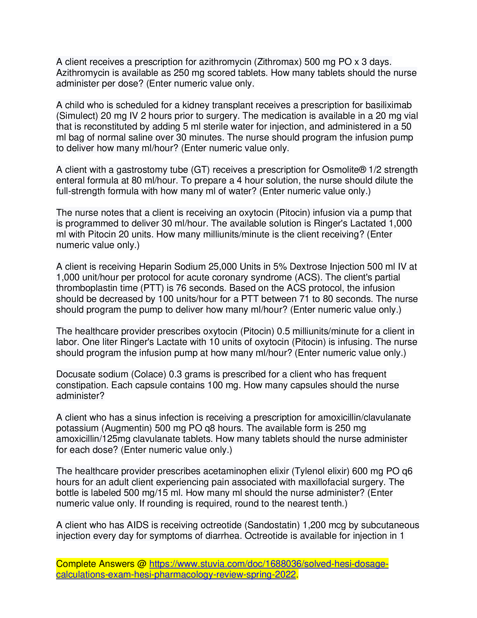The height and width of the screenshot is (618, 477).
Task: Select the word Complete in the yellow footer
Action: [76, 564]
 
